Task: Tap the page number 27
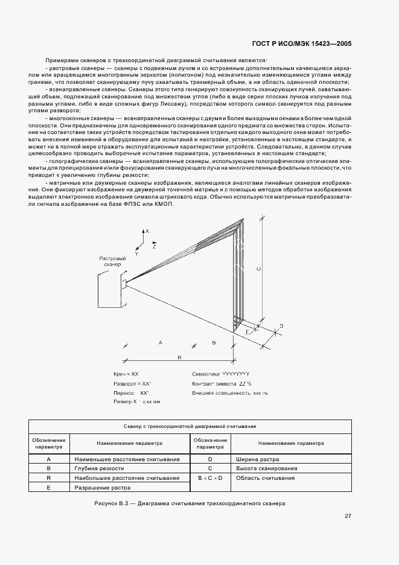[x=348, y=516]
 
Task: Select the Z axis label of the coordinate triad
[x=155, y=247]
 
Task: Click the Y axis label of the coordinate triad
[x=136, y=254]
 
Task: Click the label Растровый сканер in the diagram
[x=112, y=261]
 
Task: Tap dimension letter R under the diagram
[x=180, y=358]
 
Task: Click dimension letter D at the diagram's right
[x=281, y=327]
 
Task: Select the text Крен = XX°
[x=127, y=374]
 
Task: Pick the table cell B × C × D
[x=210, y=478]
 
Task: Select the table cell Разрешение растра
[x=103, y=487]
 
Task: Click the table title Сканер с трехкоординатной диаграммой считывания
[x=190, y=426]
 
